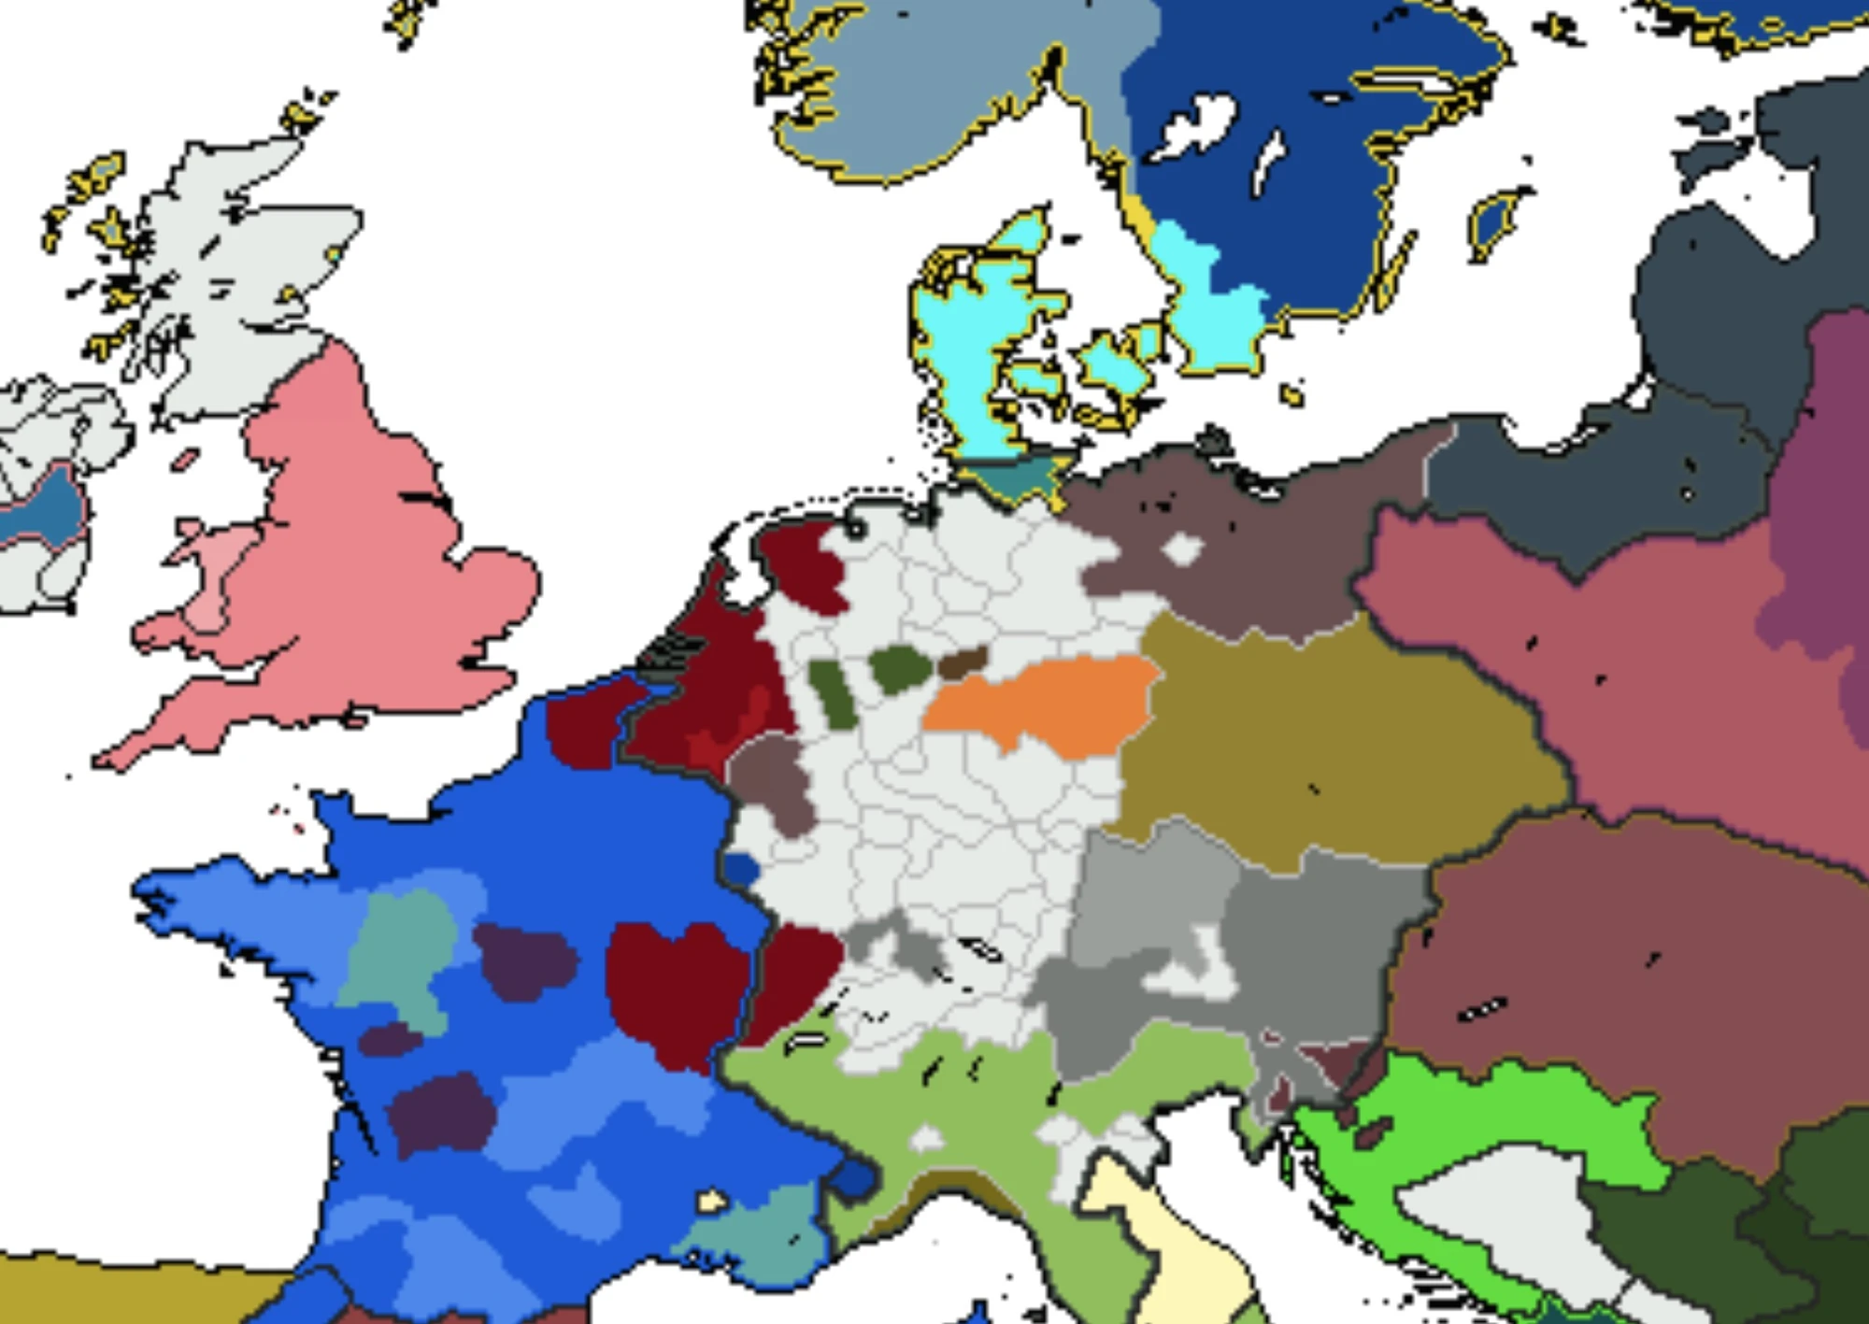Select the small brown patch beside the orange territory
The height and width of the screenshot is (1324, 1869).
pyautogui.click(x=963, y=662)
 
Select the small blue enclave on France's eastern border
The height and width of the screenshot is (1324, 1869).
pyautogui.click(x=742, y=870)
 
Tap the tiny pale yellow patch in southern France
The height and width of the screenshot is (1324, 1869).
pyautogui.click(x=712, y=1200)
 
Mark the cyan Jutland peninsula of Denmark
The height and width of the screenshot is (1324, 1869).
pyautogui.click(x=963, y=355)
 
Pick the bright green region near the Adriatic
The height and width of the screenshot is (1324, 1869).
pyautogui.click(x=1495, y=1121)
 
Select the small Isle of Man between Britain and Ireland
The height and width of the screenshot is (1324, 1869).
pyautogui.click(x=185, y=460)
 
